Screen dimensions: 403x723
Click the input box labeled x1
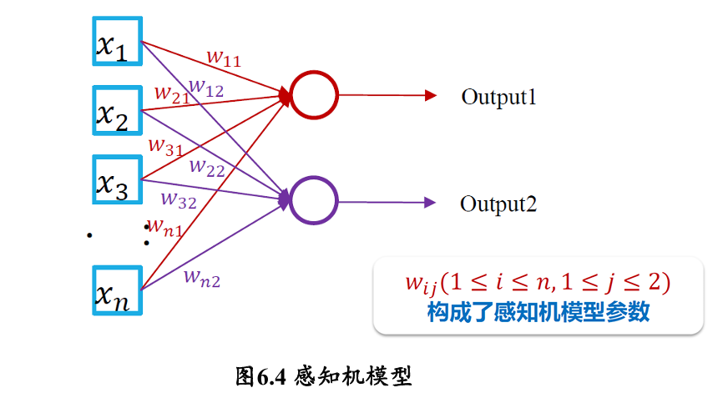[116, 41]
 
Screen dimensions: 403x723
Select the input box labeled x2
[116, 109]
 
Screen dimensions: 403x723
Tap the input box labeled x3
[116, 179]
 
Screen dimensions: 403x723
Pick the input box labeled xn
[116, 290]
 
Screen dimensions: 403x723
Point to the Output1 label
[498, 97]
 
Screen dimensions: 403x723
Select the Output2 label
[498, 204]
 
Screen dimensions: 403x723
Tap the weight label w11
[224, 58]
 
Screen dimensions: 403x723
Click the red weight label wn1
[164, 225]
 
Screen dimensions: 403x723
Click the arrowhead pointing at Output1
[431, 96]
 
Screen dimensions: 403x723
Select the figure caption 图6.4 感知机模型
[324, 376]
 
